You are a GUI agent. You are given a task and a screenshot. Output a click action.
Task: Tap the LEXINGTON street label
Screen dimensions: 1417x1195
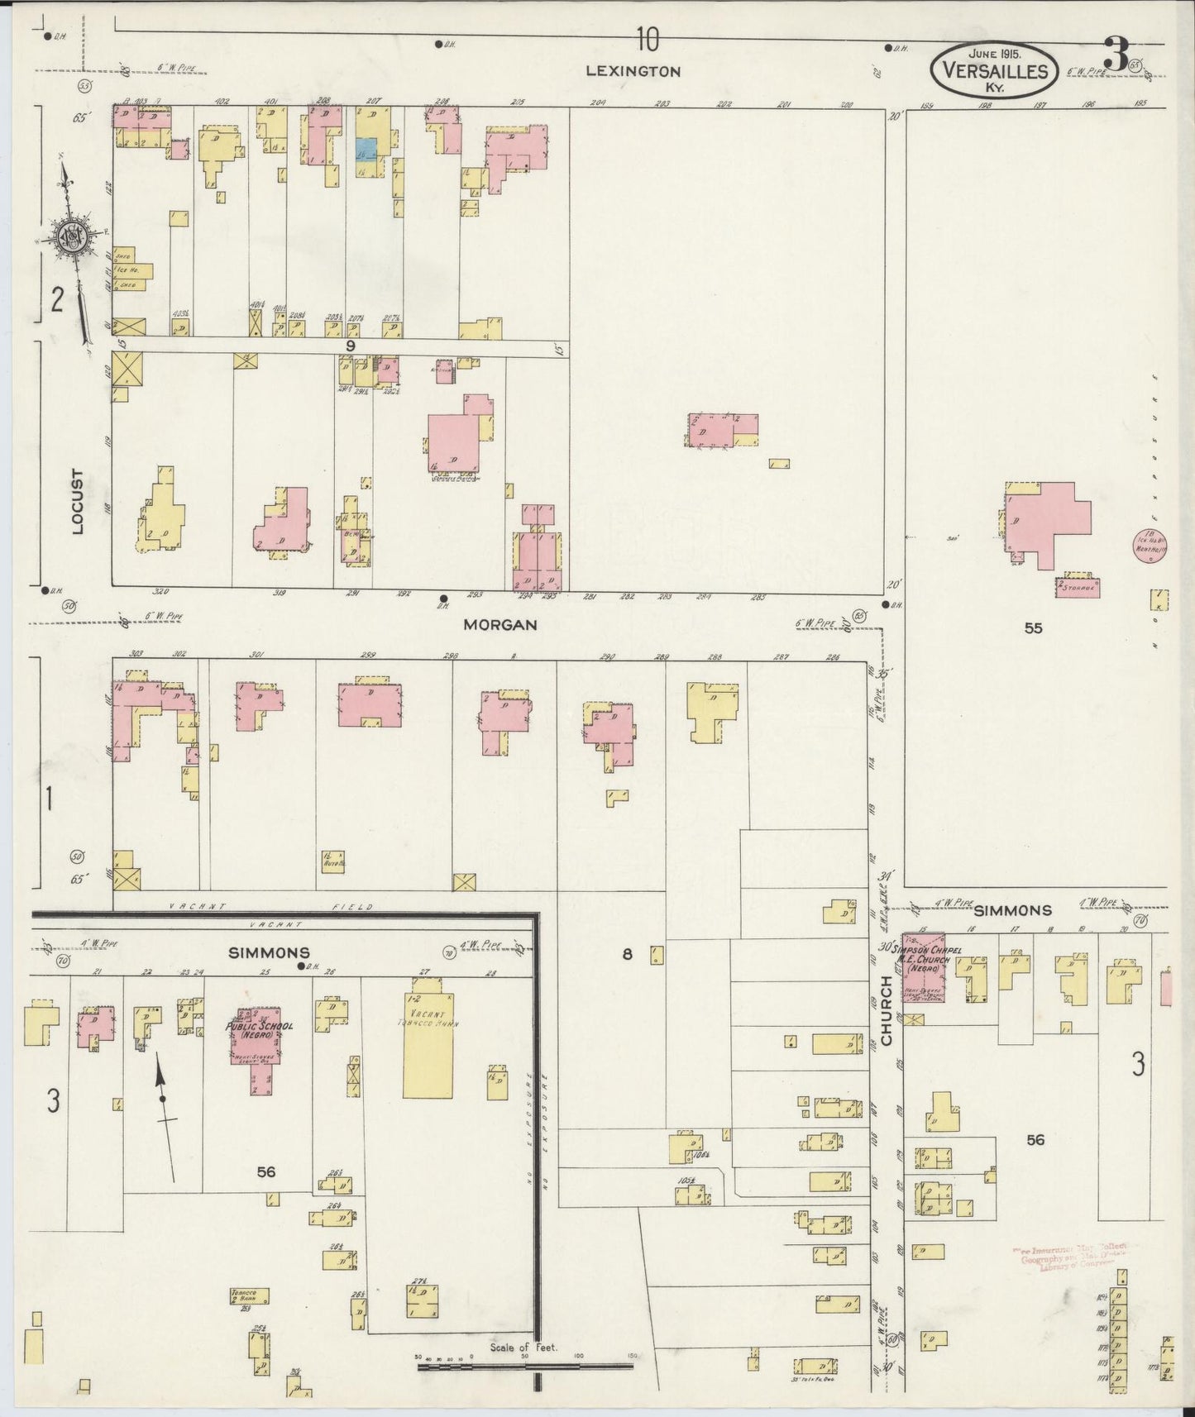(x=633, y=71)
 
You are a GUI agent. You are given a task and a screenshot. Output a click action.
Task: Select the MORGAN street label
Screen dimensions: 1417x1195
(x=500, y=625)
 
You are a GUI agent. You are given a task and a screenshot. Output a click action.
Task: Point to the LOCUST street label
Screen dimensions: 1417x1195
(x=78, y=502)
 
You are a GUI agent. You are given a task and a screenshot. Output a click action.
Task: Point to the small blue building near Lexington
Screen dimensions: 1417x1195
(x=366, y=149)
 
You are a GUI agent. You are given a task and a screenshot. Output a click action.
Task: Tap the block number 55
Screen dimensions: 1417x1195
(x=1033, y=628)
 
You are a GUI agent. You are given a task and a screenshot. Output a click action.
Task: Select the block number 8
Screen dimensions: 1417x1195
(x=627, y=955)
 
